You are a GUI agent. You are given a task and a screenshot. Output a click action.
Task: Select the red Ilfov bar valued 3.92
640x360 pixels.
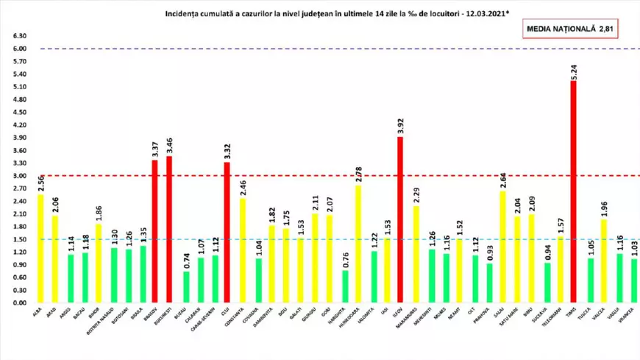pyautogui.click(x=400, y=219)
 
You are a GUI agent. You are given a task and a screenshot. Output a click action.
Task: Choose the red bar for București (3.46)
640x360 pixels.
pyautogui.click(x=170, y=229)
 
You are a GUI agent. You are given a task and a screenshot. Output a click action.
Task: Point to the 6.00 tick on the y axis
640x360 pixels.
pyautogui.click(x=20, y=49)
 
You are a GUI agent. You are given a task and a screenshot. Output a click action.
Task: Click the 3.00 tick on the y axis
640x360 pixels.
pyautogui.click(x=20, y=176)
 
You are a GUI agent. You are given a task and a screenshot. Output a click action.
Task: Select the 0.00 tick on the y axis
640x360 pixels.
pyautogui.click(x=20, y=302)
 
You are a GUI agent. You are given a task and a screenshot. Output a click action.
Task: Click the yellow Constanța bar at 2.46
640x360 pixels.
pyautogui.click(x=242, y=250)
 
